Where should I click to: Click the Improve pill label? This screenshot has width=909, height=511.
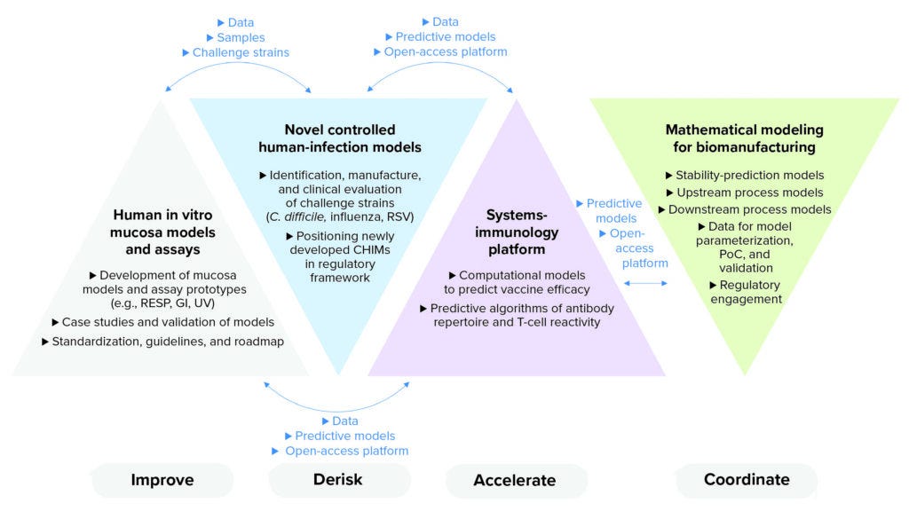coord(162,481)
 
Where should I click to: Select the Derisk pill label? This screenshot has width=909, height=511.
coord(337,480)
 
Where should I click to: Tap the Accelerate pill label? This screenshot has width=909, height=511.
coord(515,480)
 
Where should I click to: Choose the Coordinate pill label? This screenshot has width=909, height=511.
coord(747,479)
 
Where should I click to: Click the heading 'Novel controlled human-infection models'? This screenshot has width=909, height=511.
coord(340,138)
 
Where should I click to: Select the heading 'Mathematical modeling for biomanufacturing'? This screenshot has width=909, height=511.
coord(744,138)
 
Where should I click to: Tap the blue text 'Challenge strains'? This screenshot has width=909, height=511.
coord(241,52)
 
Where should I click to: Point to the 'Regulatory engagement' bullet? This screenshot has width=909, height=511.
coord(746,292)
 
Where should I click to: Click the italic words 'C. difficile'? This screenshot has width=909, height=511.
coord(297,216)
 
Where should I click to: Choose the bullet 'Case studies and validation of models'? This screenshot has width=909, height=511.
coord(162,321)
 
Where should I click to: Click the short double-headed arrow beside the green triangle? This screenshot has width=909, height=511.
coord(646,283)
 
